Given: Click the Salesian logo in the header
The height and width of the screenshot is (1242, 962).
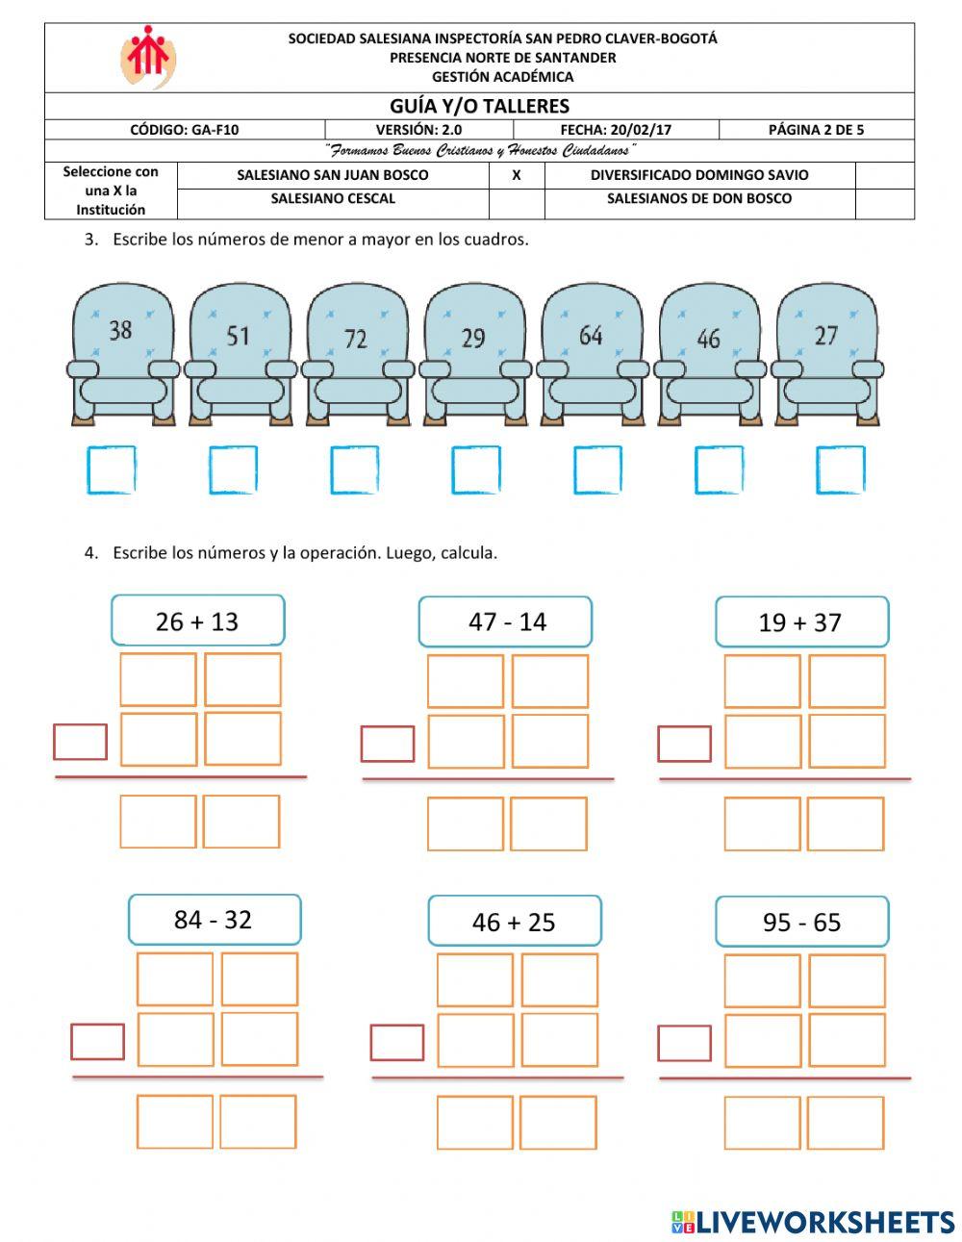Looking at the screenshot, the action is (x=147, y=57).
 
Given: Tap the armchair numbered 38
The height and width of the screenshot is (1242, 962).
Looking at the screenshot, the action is (x=122, y=353).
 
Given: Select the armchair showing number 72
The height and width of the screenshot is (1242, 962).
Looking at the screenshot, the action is (x=357, y=353).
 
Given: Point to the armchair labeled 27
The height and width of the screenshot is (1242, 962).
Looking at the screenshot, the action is (x=826, y=353).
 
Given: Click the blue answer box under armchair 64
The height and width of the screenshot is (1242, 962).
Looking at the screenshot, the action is (x=597, y=470).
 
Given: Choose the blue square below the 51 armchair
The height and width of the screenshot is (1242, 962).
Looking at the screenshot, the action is (x=233, y=470).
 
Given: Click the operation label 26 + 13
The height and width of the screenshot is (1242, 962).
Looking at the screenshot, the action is (x=197, y=621).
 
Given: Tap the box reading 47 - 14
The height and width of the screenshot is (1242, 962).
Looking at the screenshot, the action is (x=505, y=621).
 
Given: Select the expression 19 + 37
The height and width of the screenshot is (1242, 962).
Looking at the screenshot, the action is (x=801, y=622).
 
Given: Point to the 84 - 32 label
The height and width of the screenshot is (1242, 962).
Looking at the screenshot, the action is (x=214, y=920).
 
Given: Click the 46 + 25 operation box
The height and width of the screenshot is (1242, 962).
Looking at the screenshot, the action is (x=514, y=922).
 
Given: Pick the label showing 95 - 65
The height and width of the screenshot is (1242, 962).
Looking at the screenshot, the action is (x=801, y=922).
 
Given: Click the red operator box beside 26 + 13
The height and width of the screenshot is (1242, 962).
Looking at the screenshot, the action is (x=80, y=742).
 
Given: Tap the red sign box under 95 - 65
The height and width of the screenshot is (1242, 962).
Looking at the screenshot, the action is (x=684, y=1043).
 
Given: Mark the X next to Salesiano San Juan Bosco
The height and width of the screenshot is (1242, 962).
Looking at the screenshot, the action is (x=517, y=175).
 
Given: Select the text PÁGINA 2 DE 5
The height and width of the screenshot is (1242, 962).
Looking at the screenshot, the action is (x=816, y=130).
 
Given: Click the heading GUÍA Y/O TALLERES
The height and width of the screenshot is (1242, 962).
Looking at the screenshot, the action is (x=479, y=106).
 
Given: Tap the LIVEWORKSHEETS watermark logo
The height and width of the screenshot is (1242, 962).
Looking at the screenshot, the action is (x=812, y=1222).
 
